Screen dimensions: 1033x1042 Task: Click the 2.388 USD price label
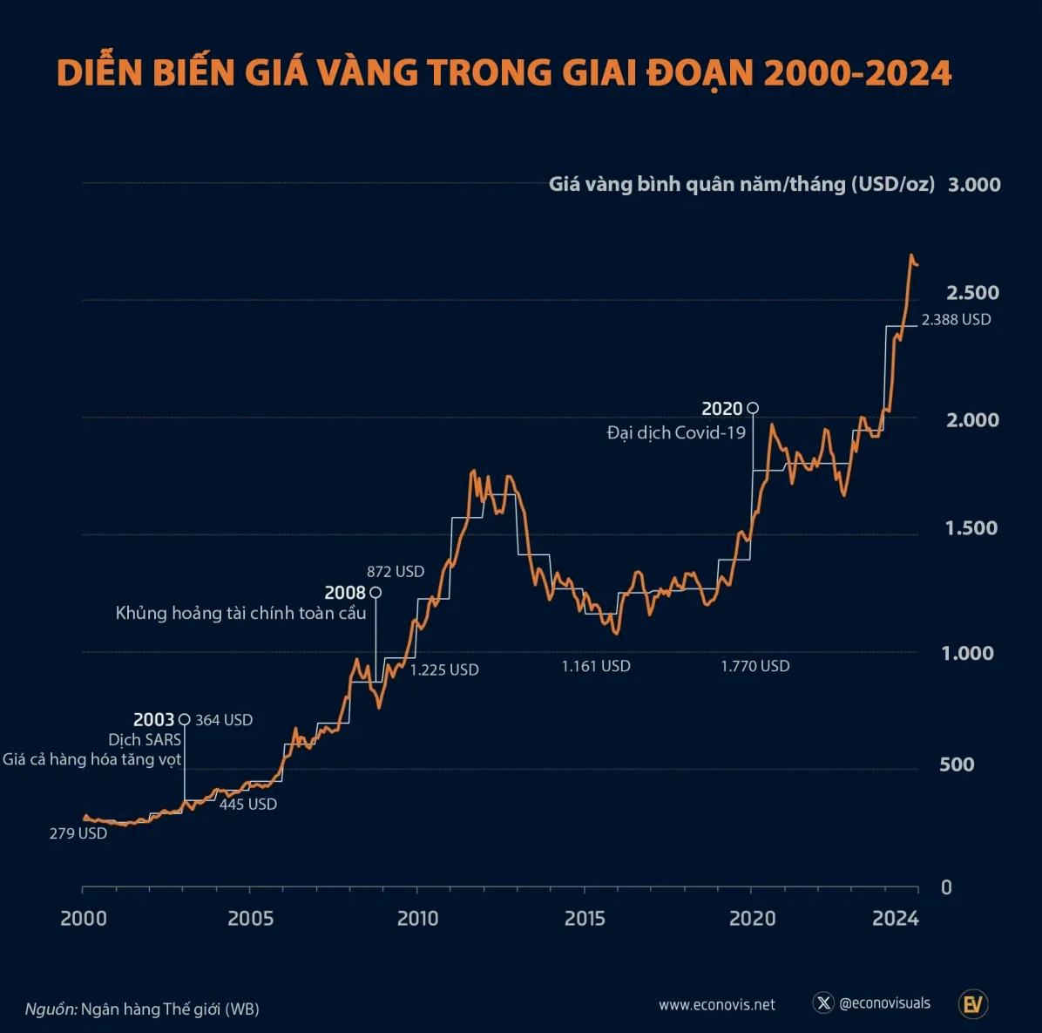click(x=956, y=320)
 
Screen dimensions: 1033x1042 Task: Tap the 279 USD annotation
click(x=78, y=833)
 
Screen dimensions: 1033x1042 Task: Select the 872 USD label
click(x=396, y=572)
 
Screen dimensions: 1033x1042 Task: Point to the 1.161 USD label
click(x=596, y=666)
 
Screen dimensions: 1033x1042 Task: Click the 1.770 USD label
click(x=755, y=666)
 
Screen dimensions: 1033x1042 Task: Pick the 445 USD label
click(x=248, y=805)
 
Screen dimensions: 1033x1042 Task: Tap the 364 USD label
click(x=224, y=720)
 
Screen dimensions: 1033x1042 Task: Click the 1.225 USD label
click(x=444, y=669)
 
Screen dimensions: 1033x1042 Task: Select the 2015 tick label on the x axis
click(x=585, y=919)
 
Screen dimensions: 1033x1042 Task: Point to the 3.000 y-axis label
click(x=974, y=185)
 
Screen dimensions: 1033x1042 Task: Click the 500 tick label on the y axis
click(x=957, y=765)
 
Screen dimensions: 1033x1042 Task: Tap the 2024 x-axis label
click(x=896, y=919)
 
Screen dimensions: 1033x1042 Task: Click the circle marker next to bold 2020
click(x=753, y=408)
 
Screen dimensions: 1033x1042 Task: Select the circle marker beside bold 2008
click(x=376, y=593)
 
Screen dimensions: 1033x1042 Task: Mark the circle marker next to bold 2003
click(x=184, y=720)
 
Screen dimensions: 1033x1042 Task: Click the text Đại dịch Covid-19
click(x=676, y=432)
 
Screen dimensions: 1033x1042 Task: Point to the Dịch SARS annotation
click(x=145, y=740)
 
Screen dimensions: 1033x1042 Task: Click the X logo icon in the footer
click(x=823, y=1003)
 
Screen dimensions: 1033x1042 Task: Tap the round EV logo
click(x=972, y=1004)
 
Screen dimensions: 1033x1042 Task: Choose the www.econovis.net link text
click(x=717, y=1005)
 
